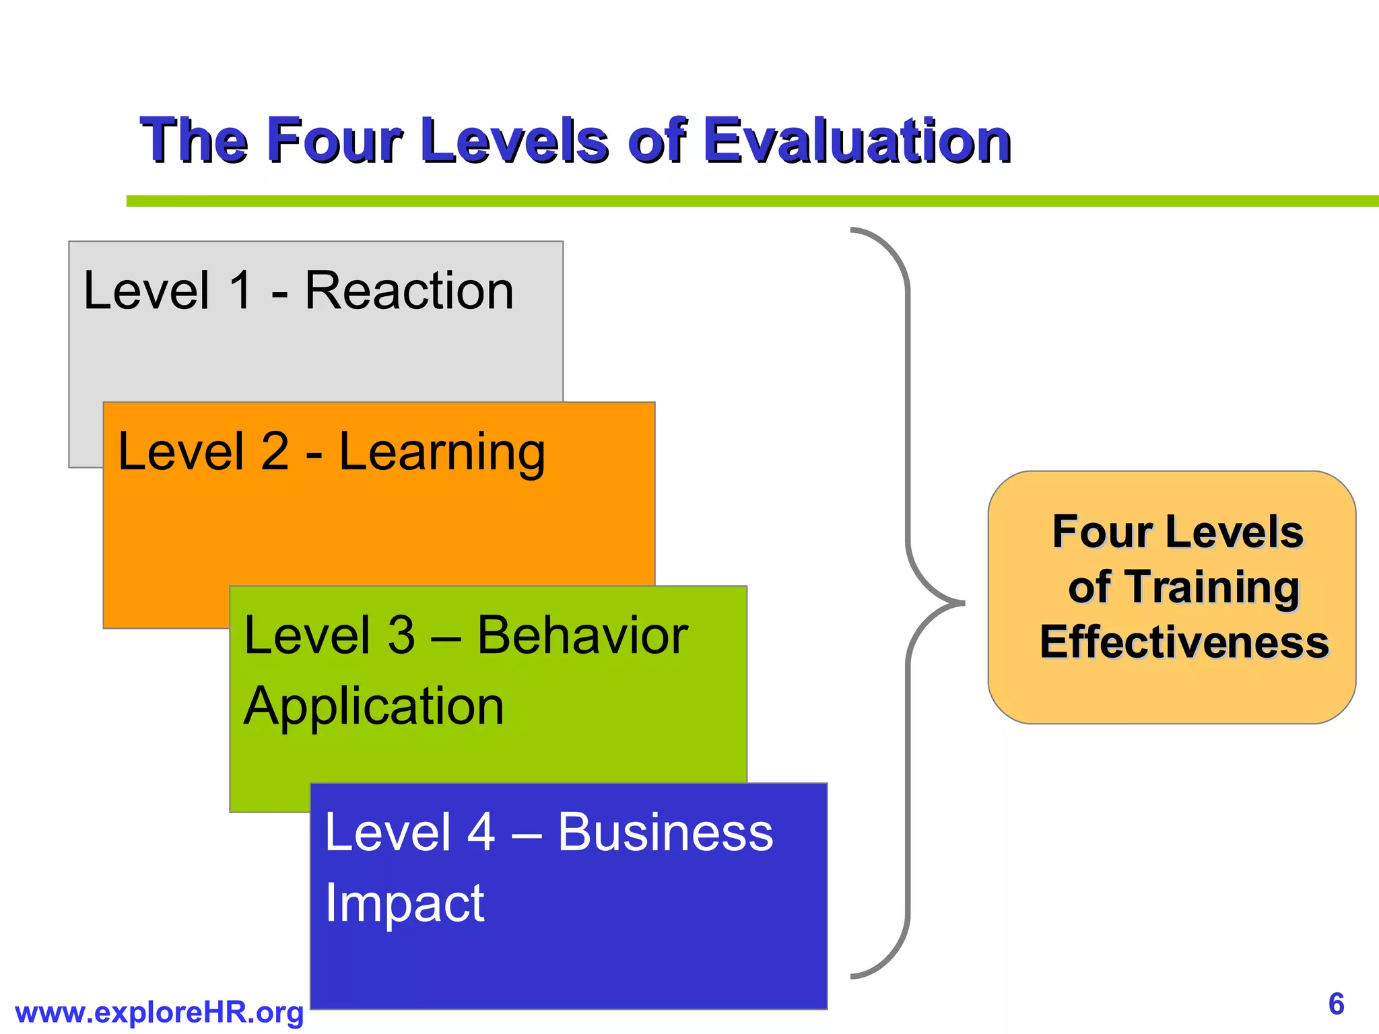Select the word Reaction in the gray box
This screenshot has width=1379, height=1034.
(409, 291)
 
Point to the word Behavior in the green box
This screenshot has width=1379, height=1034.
(582, 635)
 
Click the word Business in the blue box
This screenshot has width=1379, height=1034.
(665, 832)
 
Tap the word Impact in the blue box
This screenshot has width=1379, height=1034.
(404, 903)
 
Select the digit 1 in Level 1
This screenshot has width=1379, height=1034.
(241, 291)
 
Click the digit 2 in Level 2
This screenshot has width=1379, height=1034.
(274, 452)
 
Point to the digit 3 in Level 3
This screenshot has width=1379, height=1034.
(401, 635)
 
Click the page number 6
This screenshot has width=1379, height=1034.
(1336, 1004)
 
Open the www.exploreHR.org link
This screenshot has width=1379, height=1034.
(159, 1012)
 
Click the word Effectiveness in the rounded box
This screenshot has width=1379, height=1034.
(1184, 642)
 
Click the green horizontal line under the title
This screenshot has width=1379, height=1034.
(741, 201)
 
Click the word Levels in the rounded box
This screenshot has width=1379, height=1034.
(1234, 532)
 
